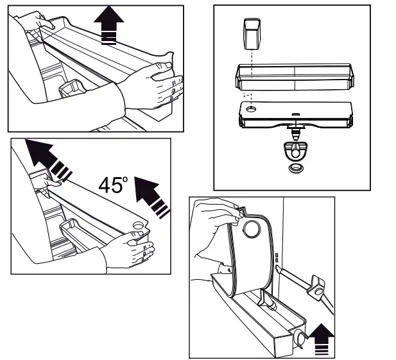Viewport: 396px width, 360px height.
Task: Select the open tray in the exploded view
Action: tap(295, 78)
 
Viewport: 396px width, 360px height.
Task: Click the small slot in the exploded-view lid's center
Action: tap(295, 115)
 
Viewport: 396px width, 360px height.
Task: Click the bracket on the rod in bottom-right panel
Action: tap(316, 286)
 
